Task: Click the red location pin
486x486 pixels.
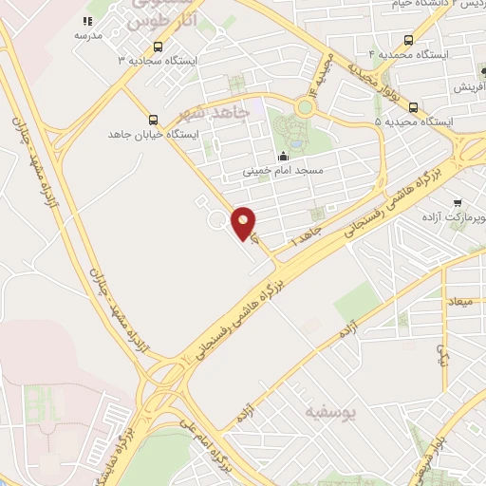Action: click(x=244, y=224)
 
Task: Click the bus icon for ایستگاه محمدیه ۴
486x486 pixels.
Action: click(x=408, y=40)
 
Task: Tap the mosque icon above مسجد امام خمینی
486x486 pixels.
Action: click(x=282, y=157)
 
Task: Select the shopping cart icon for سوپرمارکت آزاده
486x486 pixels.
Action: click(x=457, y=202)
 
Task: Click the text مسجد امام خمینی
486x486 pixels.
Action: click(x=283, y=173)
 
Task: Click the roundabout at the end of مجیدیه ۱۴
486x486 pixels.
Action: click(x=305, y=107)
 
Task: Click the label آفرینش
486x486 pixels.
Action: click(x=467, y=87)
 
